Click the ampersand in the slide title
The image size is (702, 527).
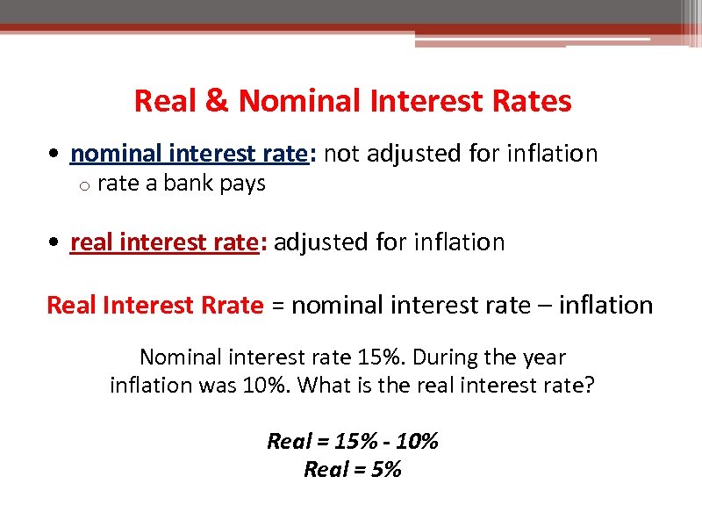[215, 102]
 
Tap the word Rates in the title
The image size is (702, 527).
[533, 102]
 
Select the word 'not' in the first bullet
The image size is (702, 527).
[343, 154]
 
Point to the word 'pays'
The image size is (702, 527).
[243, 184]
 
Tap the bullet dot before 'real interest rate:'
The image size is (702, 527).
[54, 243]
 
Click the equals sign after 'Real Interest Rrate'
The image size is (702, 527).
[277, 307]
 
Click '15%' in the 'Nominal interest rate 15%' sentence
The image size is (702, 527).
[378, 358]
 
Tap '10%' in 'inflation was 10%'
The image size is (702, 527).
[269, 385]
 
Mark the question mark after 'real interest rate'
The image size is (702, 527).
[589, 385]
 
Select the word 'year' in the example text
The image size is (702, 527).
[545, 358]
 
